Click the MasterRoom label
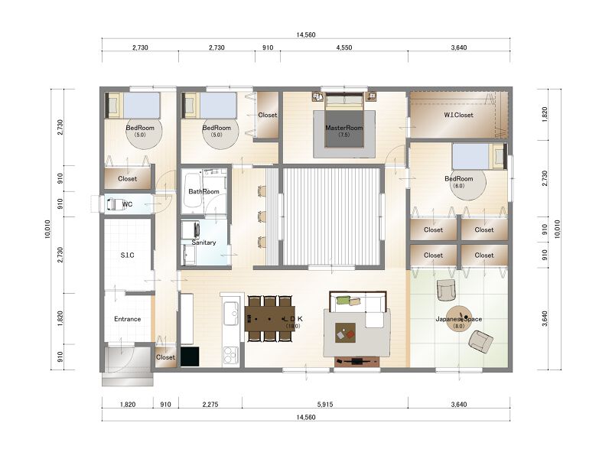click(343, 128)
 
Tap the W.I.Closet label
click(458, 116)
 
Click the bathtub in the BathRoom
click(193, 190)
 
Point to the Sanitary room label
click(203, 243)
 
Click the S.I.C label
click(127, 256)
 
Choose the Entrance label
click(127, 319)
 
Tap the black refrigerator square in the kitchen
click(190, 356)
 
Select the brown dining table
click(270, 318)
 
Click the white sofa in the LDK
click(357, 307)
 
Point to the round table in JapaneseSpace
click(459, 318)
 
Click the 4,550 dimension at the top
click(343, 47)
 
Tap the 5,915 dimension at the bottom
click(324, 405)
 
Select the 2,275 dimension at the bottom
click(210, 405)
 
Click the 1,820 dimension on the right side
click(545, 115)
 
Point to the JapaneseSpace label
click(458, 319)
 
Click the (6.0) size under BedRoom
click(458, 186)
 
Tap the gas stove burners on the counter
click(230, 355)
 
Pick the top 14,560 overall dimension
click(305, 34)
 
